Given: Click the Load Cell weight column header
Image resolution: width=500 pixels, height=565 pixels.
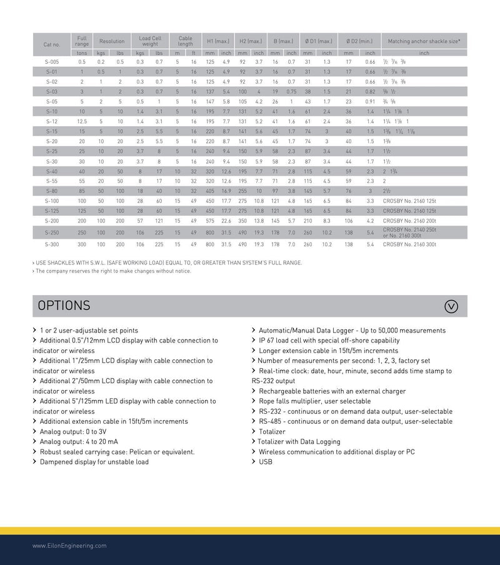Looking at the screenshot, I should point(150,41).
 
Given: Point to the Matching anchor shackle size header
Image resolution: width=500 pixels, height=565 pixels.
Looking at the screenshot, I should point(424,41).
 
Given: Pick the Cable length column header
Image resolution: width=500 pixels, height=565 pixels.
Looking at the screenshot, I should point(185,41).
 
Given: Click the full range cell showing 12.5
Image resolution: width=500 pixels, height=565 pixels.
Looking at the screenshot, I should point(82,121).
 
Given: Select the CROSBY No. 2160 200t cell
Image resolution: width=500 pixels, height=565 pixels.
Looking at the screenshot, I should point(409,221).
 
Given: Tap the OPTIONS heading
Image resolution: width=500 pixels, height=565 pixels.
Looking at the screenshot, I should point(64,306).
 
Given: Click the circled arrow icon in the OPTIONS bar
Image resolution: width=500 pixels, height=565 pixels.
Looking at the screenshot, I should point(451,306).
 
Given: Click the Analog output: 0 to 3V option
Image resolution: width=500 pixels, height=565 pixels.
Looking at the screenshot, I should point(72,432).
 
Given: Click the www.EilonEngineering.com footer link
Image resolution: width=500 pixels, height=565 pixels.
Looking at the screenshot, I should point(69,546).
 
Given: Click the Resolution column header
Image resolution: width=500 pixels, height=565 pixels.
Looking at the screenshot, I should point(112,41).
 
